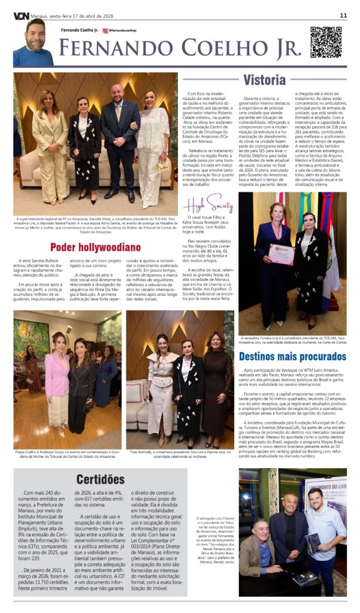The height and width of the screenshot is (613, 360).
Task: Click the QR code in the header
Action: pyautogui.click(x=325, y=43)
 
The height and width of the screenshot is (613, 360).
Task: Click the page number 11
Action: pyautogui.click(x=343, y=15)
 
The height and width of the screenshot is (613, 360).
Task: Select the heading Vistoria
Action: pyautogui.click(x=264, y=80)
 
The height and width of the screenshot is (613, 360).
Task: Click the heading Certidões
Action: pyautogui.click(x=100, y=479)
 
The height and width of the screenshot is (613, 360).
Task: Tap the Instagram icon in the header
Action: pyautogui.click(x=105, y=30)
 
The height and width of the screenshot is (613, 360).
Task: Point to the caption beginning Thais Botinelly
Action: pyautogui.click(x=180, y=454)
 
